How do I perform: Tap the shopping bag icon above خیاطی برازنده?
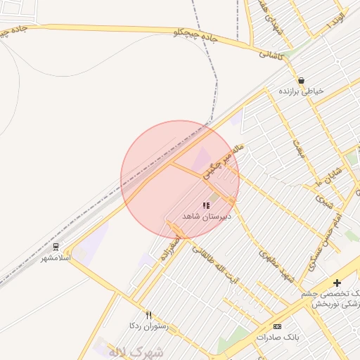pos(301,80)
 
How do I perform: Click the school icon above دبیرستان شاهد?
pos(205,205)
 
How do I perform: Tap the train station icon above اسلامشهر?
pos(56,247)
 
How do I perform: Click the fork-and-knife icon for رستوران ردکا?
pos(148,316)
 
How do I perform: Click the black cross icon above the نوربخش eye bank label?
pos(337,283)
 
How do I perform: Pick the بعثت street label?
pos(299,149)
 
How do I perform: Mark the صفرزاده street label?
pos(170,249)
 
